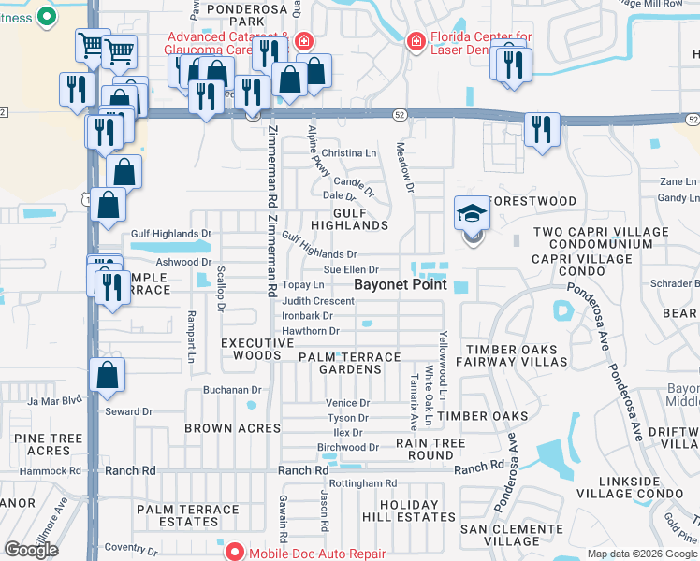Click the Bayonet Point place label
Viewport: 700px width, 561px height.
pos(400,284)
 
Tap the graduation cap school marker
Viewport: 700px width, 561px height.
pos(472,215)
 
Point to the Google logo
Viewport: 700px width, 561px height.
pos(31,550)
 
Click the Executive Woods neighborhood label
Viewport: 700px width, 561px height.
pos(250,350)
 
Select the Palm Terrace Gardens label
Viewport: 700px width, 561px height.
pos(348,364)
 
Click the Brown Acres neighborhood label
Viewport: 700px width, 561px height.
pos(233,428)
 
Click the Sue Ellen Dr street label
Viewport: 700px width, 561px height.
pos(350,269)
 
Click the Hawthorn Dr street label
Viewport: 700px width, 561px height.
pos(310,331)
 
